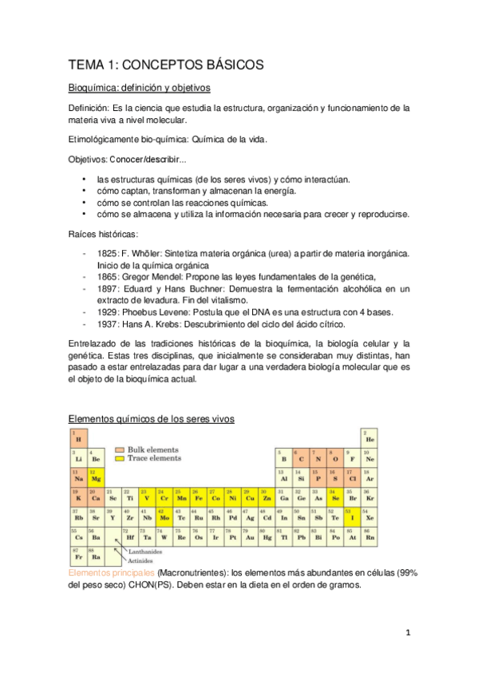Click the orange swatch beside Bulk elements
(120, 449)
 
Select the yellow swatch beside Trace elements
(120, 459)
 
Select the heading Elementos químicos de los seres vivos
(151, 418)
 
